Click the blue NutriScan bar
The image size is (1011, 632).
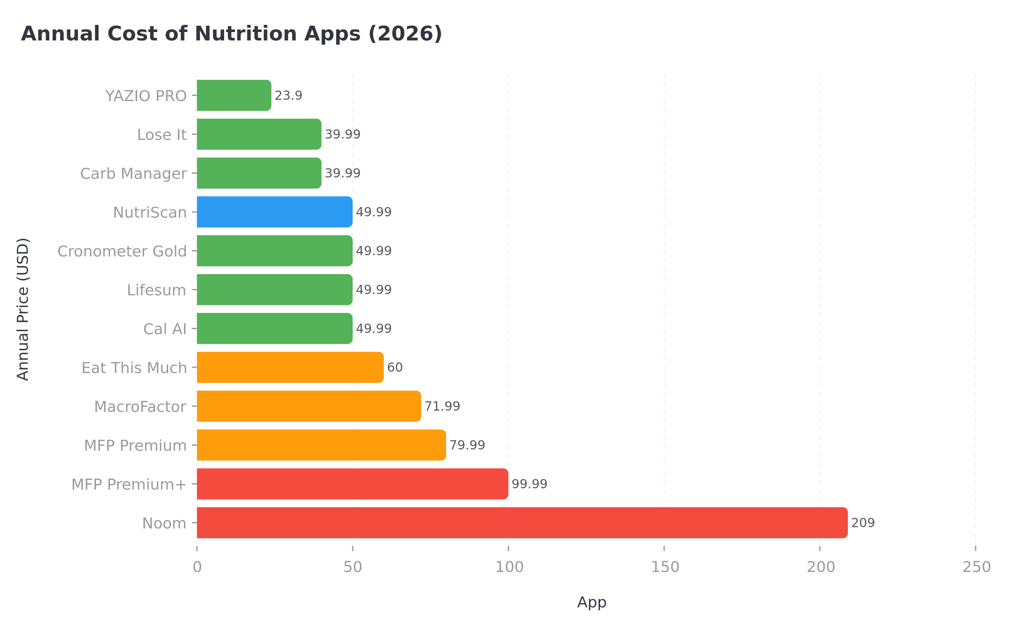pos(274,212)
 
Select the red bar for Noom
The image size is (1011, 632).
pos(522,522)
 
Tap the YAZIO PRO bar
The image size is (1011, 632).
pos(234,96)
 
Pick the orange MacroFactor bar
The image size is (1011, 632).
pos(309,406)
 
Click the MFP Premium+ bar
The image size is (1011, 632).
pos(352,484)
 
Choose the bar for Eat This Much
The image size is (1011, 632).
pos(290,367)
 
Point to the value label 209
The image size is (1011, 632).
pos(863,523)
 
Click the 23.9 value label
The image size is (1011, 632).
pos(289,96)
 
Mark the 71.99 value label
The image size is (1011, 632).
pos(442,406)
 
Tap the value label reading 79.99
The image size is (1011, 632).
pos(467,445)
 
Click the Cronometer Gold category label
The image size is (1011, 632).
pos(122,251)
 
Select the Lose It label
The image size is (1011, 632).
pos(162,135)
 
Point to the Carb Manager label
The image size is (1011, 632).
pos(133,174)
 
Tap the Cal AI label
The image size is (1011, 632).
pos(165,329)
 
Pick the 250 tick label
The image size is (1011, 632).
pos(976,567)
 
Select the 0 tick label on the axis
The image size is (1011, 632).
pos(197,567)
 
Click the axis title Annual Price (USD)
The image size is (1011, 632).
pos(23,309)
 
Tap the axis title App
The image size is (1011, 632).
pos(591,602)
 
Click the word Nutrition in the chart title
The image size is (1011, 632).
pos(246,34)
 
